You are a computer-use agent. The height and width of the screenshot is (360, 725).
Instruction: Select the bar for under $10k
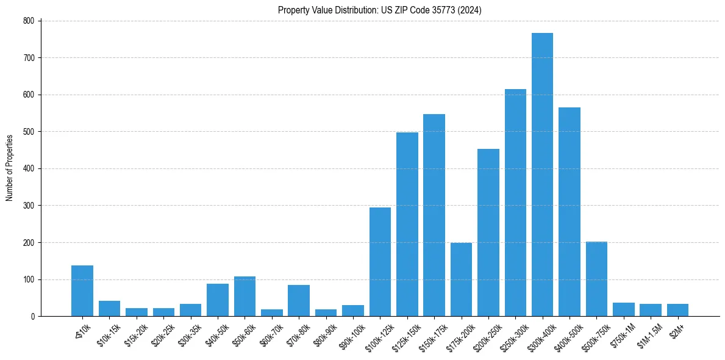click(x=82, y=290)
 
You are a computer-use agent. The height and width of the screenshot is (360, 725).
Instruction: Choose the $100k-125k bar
click(x=380, y=262)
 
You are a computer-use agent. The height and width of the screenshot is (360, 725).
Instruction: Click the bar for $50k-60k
click(x=245, y=297)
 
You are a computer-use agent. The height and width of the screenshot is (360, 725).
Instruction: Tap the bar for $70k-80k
click(x=299, y=300)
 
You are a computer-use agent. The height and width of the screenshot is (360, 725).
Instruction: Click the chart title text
click(x=380, y=10)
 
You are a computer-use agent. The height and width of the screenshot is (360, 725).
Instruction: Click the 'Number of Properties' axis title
click(x=9, y=168)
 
